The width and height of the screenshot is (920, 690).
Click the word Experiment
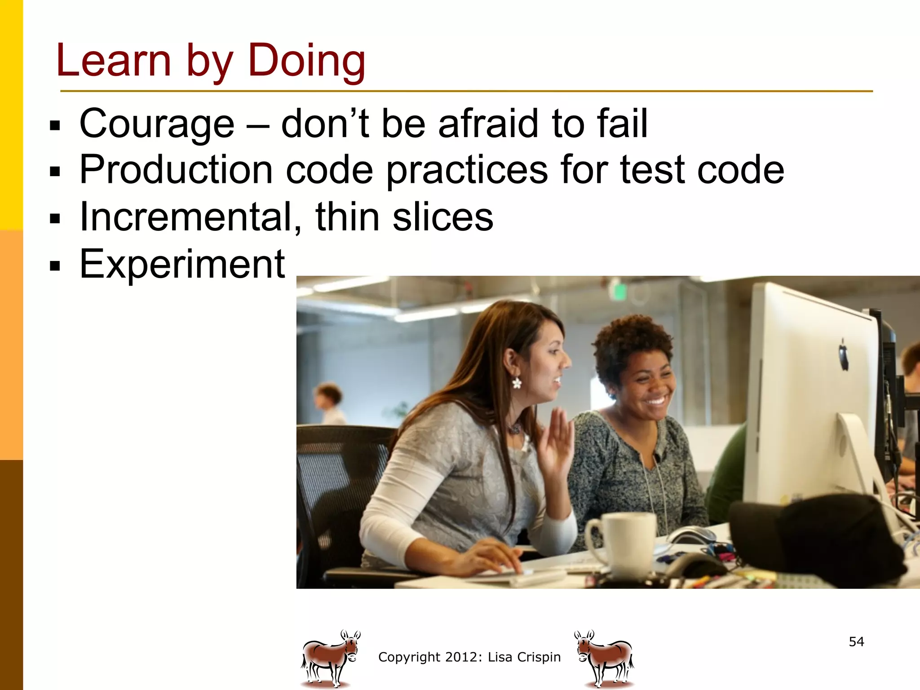click(182, 264)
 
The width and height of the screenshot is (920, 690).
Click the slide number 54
click(856, 641)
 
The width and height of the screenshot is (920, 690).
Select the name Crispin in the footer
click(539, 657)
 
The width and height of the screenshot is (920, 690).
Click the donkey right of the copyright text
click(604, 658)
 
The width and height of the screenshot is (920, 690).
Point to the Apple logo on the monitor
click(844, 355)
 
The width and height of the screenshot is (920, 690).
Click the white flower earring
click(517, 383)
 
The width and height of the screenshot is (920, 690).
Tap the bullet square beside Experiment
click(55, 266)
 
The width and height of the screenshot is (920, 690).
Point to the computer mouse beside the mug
click(692, 535)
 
